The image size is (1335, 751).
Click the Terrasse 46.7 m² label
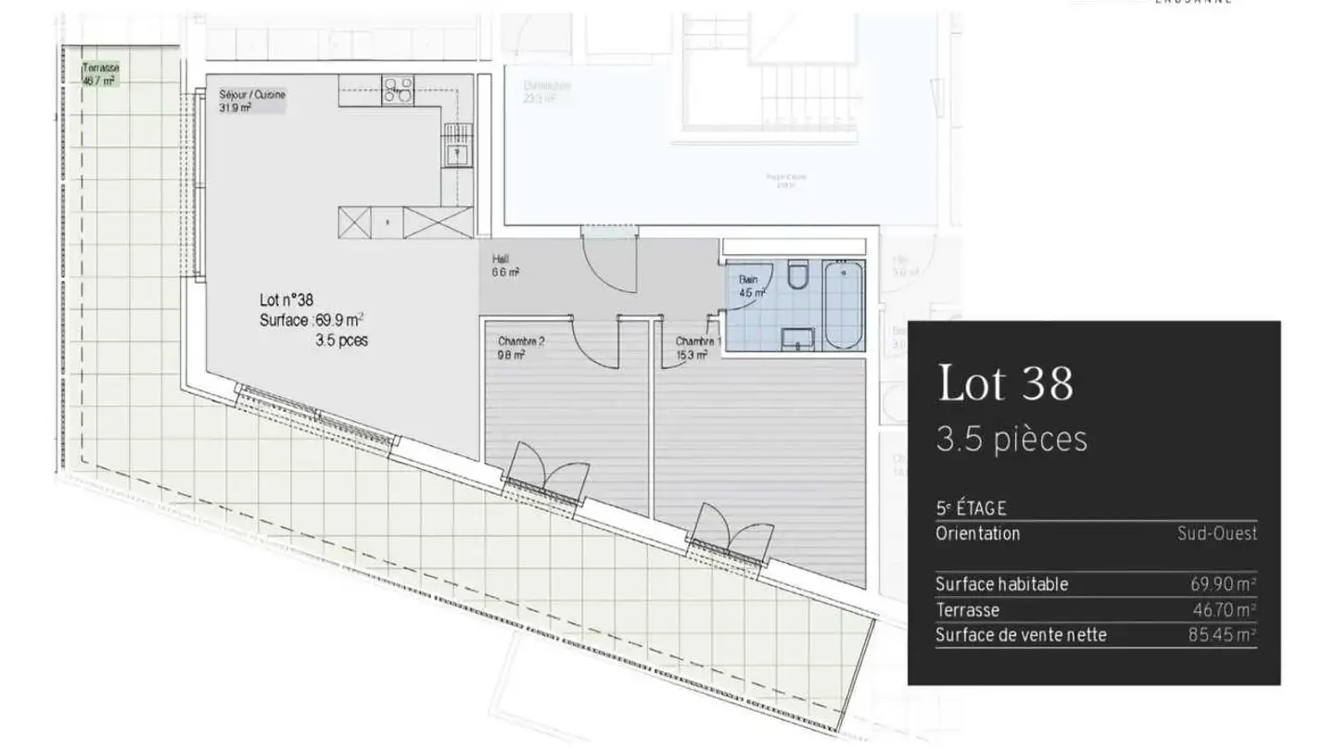pos(99,74)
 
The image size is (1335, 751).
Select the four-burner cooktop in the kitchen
pos(399,89)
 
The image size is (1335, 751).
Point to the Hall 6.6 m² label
pos(505,266)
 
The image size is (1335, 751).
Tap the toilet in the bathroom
pos(797,274)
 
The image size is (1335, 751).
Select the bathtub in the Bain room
pos(843,305)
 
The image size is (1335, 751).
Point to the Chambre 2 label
pos(521,347)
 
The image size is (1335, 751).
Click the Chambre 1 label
pos(698,347)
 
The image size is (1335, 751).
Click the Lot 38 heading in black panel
pos(1006,382)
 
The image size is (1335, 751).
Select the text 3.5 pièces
pos(1011,439)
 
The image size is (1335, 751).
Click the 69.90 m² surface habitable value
pos(1223,584)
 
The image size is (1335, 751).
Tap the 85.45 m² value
pos(1222,635)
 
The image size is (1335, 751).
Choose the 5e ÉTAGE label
pos(971,508)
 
